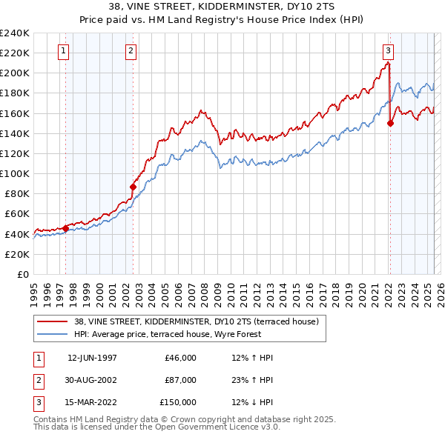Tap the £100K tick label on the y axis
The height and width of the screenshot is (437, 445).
tap(15, 173)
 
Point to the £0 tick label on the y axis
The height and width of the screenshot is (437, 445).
tap(22, 274)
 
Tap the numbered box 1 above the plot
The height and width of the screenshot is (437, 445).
tap(63, 51)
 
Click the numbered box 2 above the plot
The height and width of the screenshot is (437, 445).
tap(131, 51)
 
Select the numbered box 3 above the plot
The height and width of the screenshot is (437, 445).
tap(388, 51)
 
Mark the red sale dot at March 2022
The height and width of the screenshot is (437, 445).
tap(390, 124)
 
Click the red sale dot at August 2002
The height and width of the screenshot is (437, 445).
tap(133, 187)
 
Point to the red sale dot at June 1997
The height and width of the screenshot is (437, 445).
tap(65, 228)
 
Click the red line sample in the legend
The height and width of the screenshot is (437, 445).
tap(52, 321)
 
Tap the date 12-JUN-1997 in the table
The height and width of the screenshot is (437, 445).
tap(92, 358)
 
